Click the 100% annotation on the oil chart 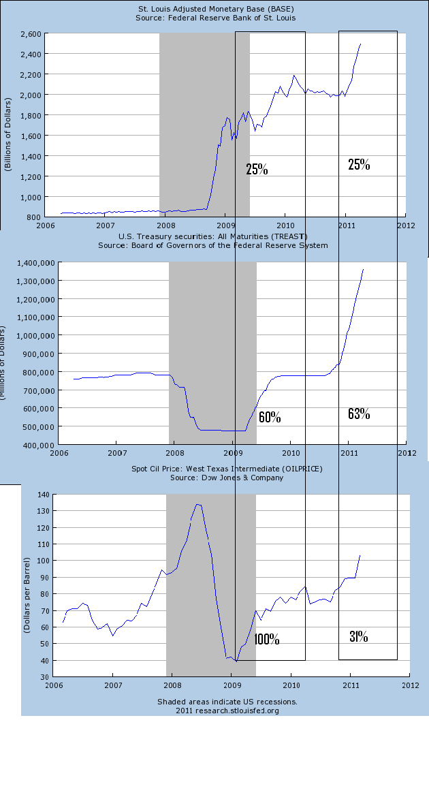pos(266,640)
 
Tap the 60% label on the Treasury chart pos(270,417)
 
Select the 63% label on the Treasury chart pos(359,414)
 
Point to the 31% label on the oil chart pos(359,637)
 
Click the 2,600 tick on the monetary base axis pos(29,33)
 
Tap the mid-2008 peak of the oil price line pos(197,504)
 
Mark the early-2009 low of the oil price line pos(236,661)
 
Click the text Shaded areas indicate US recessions pos(227,702)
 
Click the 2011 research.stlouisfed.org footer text pos(227,711)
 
